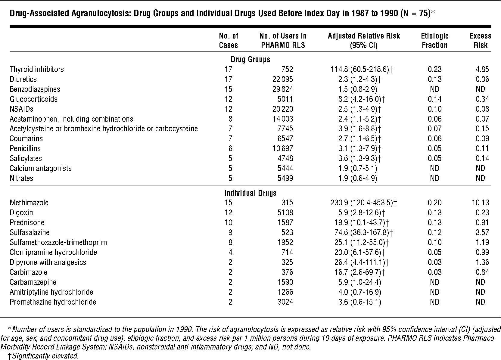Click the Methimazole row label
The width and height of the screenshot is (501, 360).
(29, 203)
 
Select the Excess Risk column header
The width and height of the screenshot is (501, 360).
(481, 40)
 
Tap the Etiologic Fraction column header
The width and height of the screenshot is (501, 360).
(434, 40)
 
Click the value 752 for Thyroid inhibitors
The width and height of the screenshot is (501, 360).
(287, 69)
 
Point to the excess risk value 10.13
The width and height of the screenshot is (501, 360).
(481, 203)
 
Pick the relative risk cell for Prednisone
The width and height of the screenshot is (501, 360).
(363, 222)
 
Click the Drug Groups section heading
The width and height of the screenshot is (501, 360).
(250, 59)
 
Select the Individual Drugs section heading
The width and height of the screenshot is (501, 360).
(250, 193)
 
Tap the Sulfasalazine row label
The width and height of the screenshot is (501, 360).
(30, 232)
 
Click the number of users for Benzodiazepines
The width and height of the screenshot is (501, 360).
(283, 89)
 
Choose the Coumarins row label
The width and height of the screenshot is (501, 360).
(26, 139)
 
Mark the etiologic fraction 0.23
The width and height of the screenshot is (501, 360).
(434, 69)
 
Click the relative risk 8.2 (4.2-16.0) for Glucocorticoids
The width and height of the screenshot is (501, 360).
(361, 99)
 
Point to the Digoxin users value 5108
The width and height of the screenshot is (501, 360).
(285, 213)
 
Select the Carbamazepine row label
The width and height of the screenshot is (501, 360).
(33, 282)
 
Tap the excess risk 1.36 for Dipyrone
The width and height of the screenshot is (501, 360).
(482, 262)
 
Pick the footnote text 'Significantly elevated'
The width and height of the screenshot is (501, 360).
(45, 356)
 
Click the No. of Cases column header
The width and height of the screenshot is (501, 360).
(228, 40)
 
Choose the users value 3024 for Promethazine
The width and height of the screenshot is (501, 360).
(285, 302)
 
